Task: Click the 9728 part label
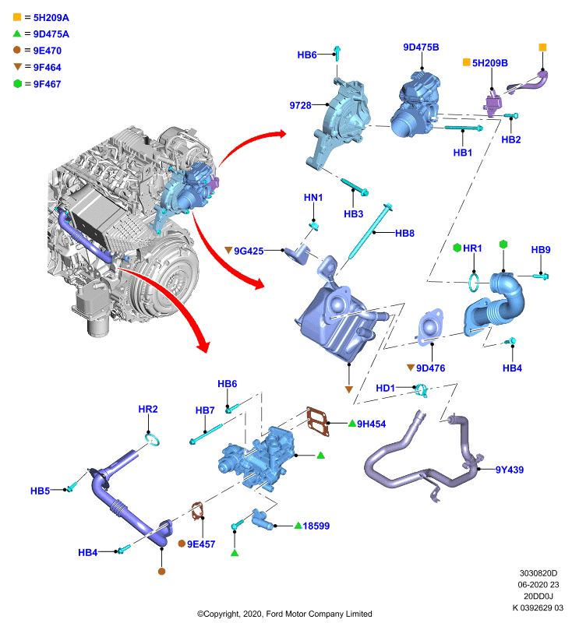300,105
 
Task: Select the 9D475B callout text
421,48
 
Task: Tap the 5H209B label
489,63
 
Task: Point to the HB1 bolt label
463,153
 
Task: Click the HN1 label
313,198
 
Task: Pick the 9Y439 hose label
509,470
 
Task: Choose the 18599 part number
316,526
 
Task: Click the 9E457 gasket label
201,544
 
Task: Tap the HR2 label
148,410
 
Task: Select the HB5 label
41,491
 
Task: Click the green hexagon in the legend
17,84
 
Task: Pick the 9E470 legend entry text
48,51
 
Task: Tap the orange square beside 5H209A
17,17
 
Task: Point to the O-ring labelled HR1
474,281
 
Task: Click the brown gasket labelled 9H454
318,421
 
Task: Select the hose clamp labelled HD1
421,390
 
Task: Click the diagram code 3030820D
538,573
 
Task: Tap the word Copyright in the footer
221,614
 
